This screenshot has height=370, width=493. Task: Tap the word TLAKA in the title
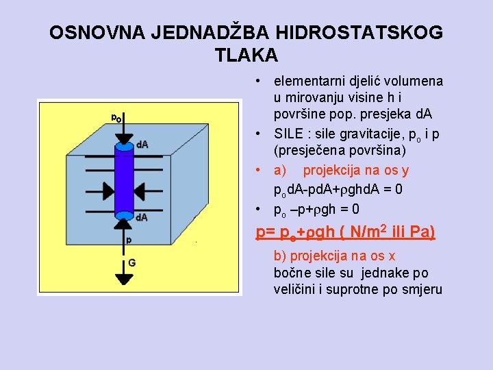point(246,55)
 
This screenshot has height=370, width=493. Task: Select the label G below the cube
point(131,262)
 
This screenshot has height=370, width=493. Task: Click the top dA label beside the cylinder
point(142,145)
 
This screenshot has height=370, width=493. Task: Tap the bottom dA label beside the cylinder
point(142,217)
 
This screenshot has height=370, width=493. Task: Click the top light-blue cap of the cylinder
point(124,146)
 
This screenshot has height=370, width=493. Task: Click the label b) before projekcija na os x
point(279,256)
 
